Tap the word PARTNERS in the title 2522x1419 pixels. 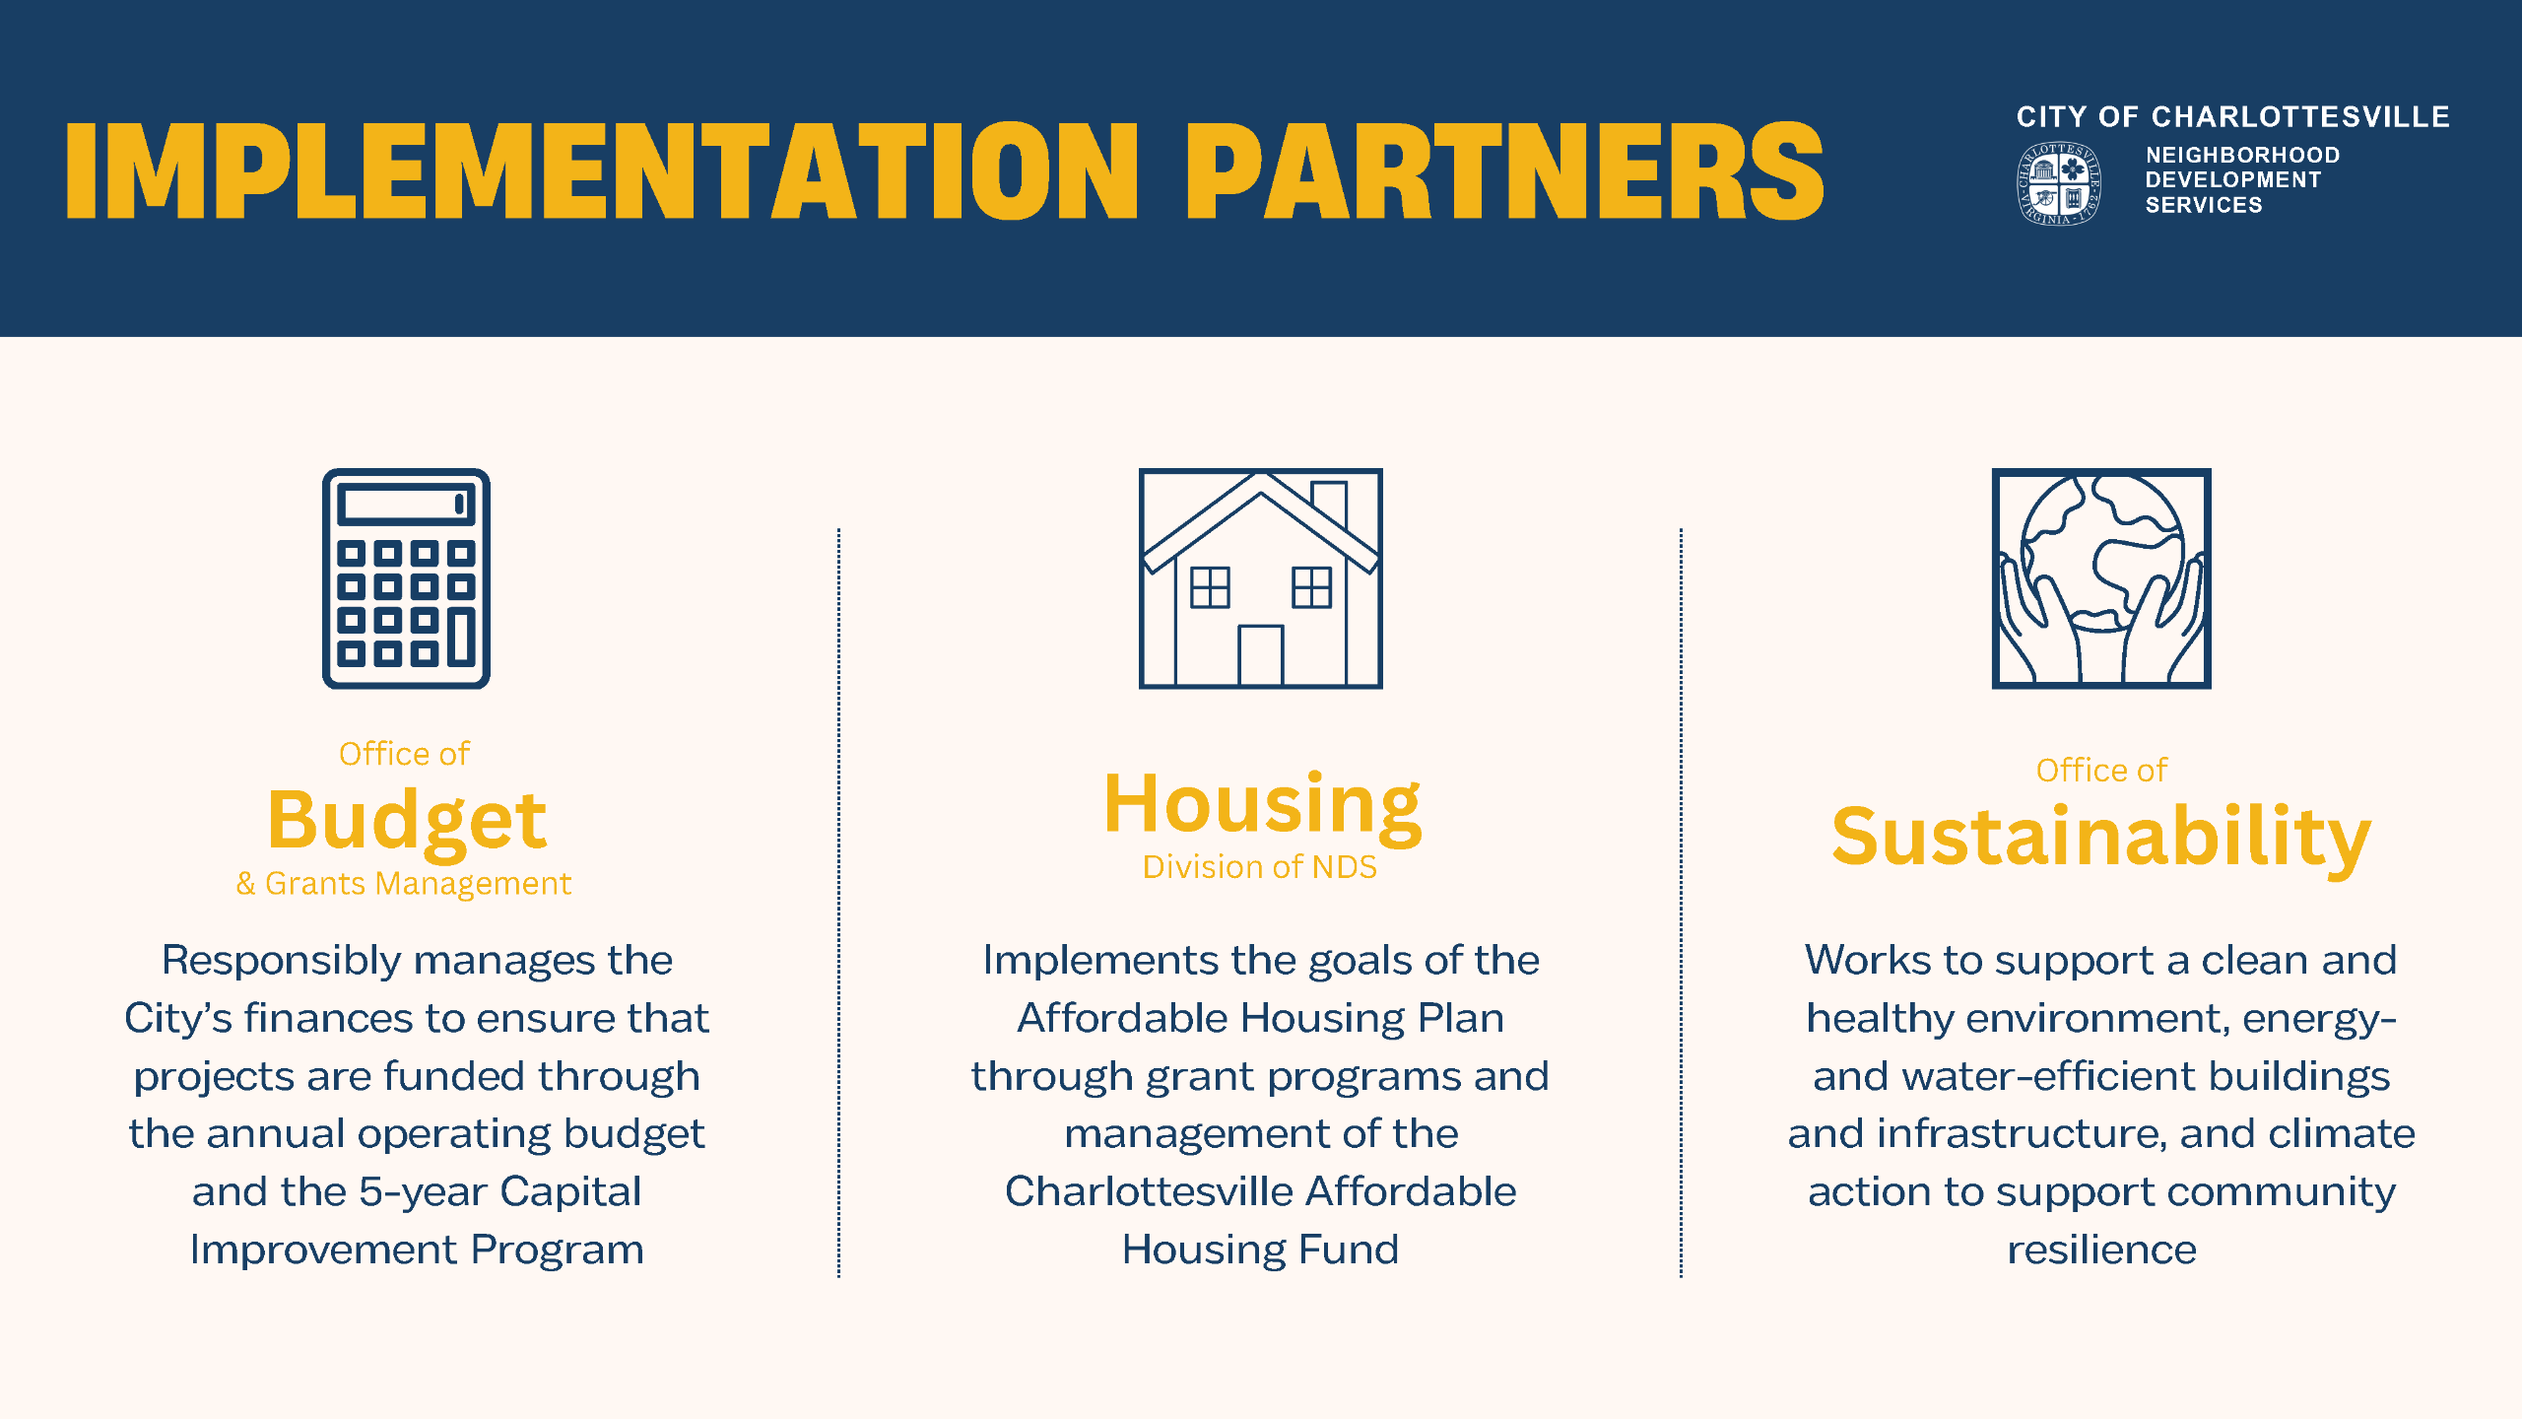pos(1504,171)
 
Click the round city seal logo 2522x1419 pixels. pos(2058,183)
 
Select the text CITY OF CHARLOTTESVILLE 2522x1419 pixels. pos(2232,116)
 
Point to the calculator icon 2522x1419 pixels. pos(406,578)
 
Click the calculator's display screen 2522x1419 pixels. pos(406,505)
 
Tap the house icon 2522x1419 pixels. pos(1260,578)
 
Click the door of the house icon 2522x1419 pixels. pos(1260,654)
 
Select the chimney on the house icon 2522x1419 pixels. pos(1329,505)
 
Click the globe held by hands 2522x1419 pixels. pos(2101,554)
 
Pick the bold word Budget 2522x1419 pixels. pos(406,821)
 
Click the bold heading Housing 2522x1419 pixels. pos(1262,806)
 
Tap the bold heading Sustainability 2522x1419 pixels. pos(2101,838)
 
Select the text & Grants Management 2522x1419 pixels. pos(404,884)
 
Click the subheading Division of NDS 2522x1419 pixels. pos(1260,867)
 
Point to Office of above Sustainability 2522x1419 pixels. pos(2101,770)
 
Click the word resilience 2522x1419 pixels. pos(2102,1250)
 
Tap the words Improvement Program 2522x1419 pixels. pos(417,1250)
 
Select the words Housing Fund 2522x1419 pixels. pos(1260,1250)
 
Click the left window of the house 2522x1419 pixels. pos(1210,587)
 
